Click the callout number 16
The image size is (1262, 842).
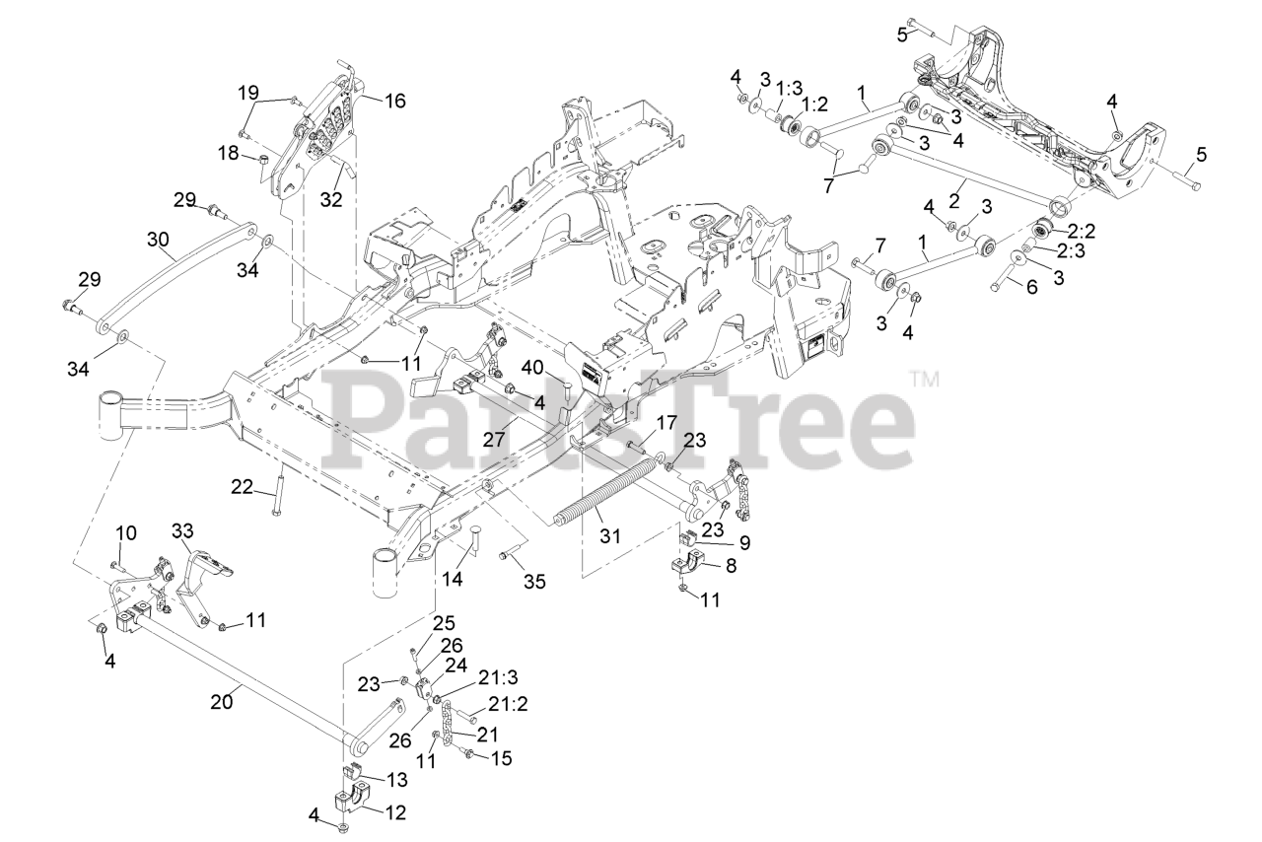pos(394,100)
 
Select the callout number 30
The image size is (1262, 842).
pos(159,239)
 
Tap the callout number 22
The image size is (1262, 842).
pos(243,486)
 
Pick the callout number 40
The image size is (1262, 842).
pos(533,367)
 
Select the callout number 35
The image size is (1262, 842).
pos(533,582)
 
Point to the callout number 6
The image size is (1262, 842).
pos(1032,287)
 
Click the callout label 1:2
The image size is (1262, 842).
pos(813,103)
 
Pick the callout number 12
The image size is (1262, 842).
pos(394,813)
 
